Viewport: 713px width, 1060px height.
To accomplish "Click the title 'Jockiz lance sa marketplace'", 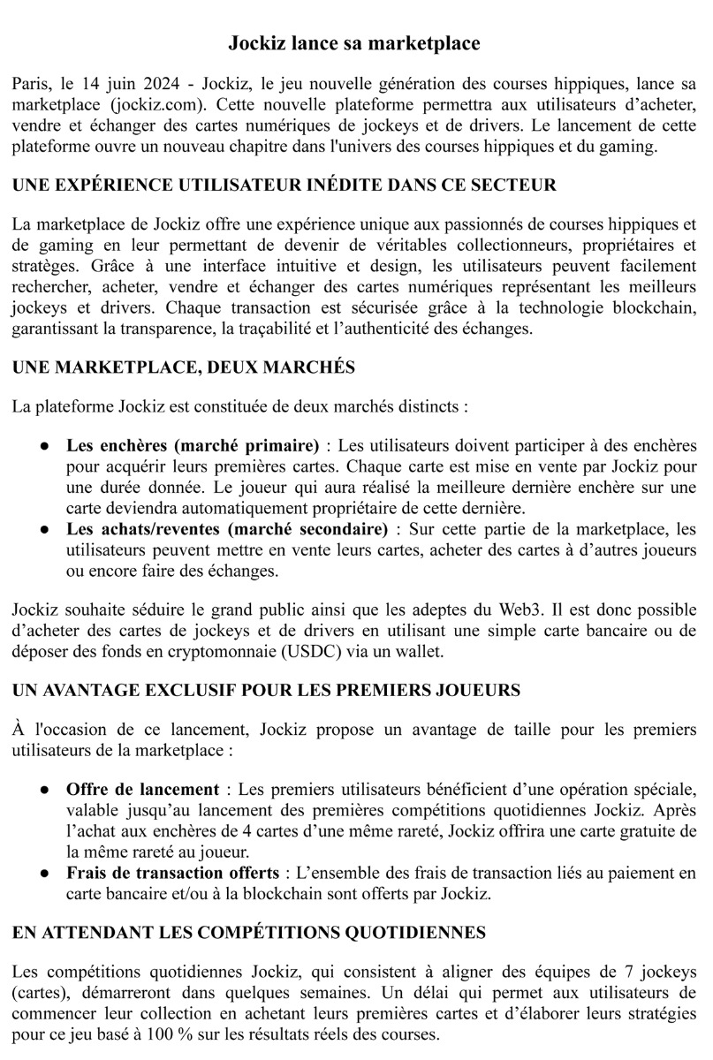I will (x=355, y=42).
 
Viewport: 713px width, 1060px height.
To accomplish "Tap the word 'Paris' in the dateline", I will (x=32, y=84).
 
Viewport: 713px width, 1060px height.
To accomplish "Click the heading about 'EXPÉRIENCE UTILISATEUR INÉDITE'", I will (x=284, y=185).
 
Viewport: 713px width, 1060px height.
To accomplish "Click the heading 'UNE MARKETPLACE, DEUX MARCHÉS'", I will (x=184, y=368).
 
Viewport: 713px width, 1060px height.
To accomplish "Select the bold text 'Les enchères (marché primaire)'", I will (x=193, y=444).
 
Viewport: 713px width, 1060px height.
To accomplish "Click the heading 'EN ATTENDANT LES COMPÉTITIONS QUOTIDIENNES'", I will (x=249, y=933).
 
